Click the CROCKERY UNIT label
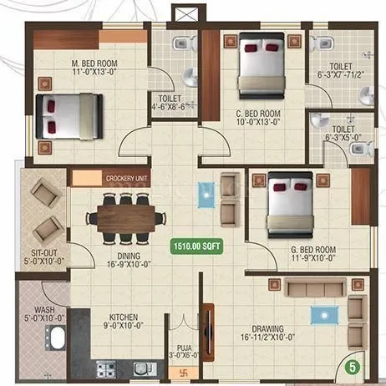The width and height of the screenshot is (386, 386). tap(126, 178)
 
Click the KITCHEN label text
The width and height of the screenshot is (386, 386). tap(123, 317)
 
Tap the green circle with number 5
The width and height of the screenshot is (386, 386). tap(353, 365)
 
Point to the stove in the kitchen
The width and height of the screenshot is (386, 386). tap(105, 368)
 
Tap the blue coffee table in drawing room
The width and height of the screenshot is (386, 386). tap(319, 314)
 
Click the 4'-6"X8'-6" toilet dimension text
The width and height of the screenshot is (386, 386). tap(174, 106)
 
